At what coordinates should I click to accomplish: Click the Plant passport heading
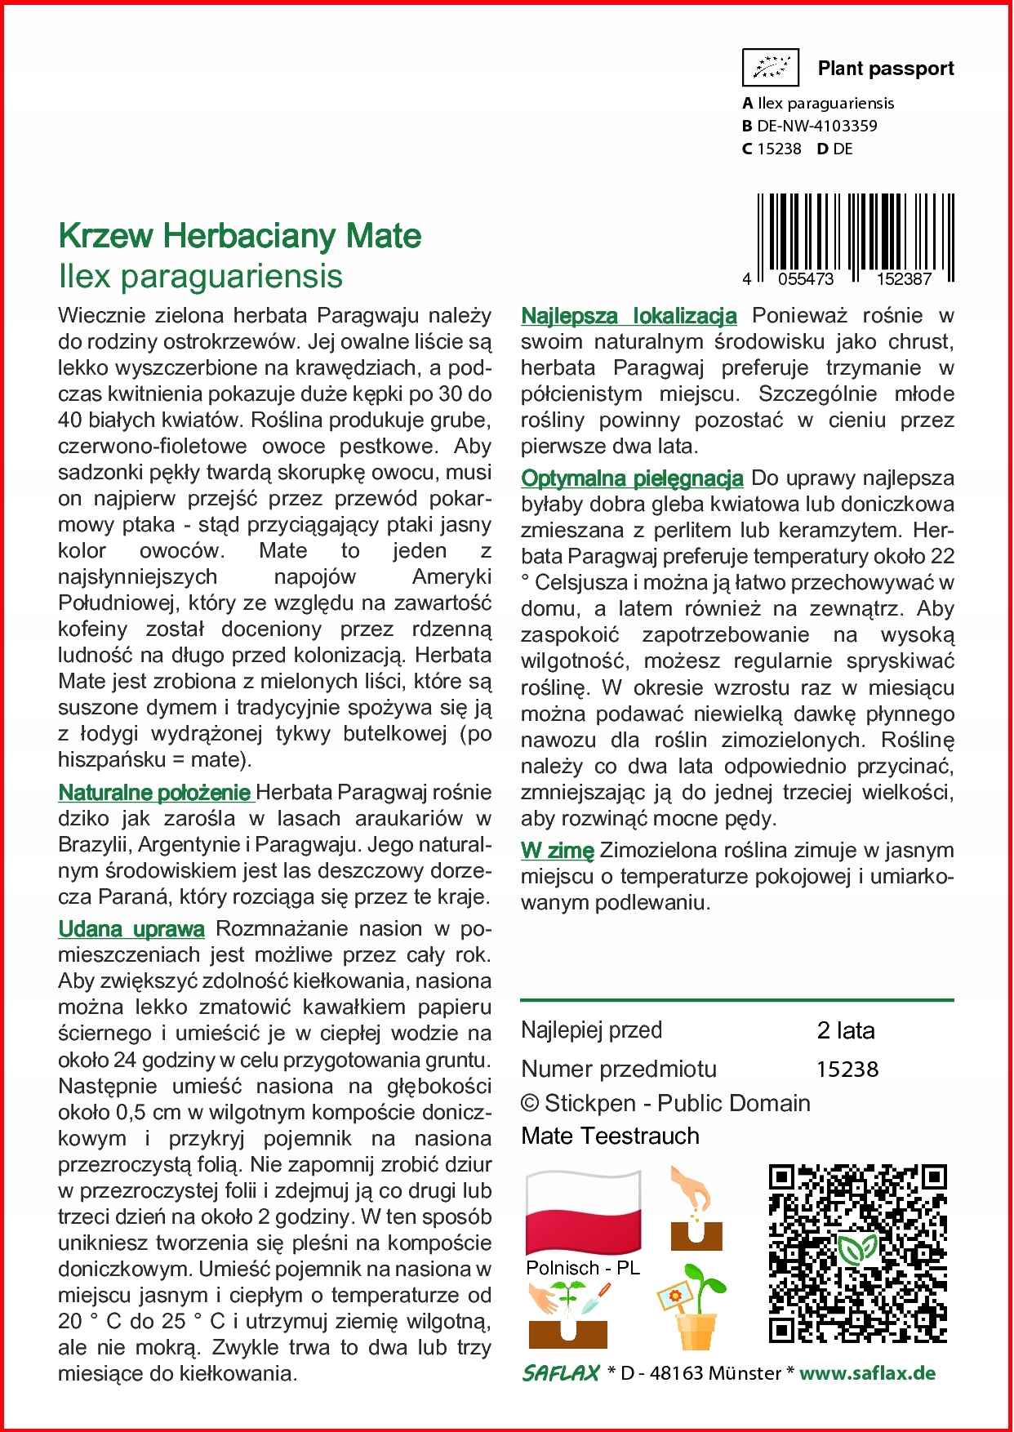[x=885, y=69]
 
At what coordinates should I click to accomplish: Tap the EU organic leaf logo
[x=770, y=68]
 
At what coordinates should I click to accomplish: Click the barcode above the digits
[x=856, y=233]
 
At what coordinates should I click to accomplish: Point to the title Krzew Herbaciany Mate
[x=240, y=236]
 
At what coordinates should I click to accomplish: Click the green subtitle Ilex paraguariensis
[x=201, y=276]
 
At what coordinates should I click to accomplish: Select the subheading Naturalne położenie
[x=154, y=792]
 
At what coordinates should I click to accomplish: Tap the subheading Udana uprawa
[x=131, y=928]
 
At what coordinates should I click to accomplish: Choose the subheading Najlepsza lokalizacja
[x=629, y=315]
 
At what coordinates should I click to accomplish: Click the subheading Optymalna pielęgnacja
[x=632, y=478]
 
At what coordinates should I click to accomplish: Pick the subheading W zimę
[x=558, y=850]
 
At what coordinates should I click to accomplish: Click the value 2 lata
[x=846, y=1030]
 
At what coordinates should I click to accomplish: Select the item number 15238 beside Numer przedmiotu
[x=847, y=1069]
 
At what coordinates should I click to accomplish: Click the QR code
[x=857, y=1253]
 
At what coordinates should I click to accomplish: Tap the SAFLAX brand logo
[x=561, y=1373]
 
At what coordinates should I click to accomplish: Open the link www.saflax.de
[x=867, y=1373]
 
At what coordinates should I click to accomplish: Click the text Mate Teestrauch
[x=610, y=1136]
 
